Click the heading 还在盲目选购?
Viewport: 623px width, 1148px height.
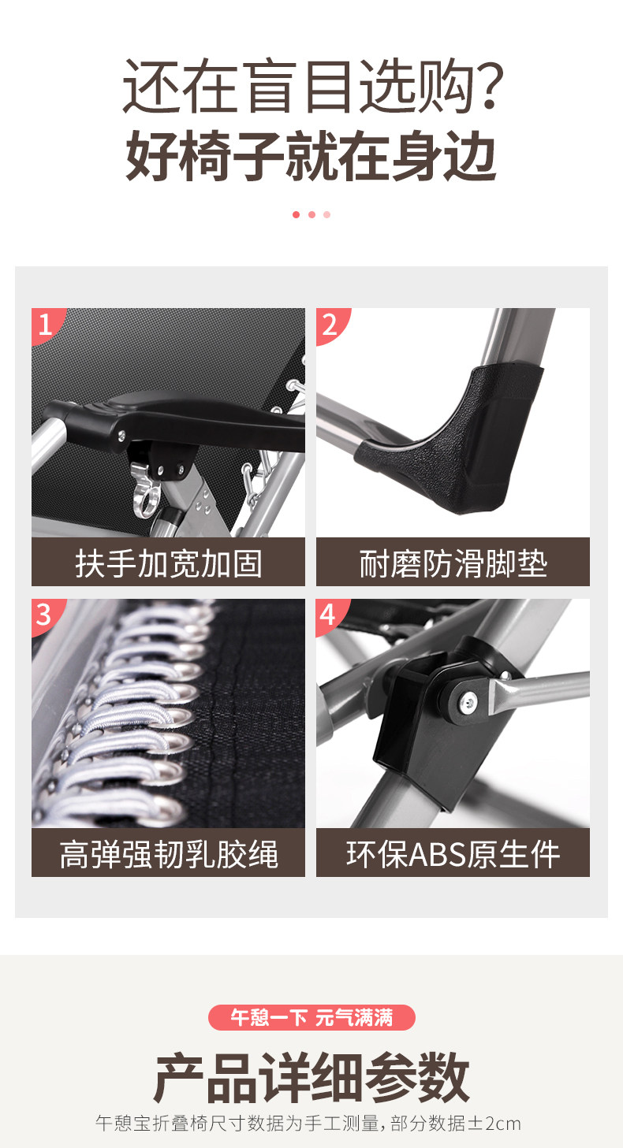point(311,86)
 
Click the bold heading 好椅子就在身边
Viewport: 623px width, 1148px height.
point(311,154)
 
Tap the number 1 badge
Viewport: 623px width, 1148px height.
point(46,324)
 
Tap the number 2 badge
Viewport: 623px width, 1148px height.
point(330,324)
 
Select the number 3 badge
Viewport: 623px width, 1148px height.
point(45,615)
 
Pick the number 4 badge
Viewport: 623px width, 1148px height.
point(329,615)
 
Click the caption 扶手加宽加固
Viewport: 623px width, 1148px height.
point(168,563)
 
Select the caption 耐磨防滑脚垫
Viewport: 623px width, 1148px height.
point(453,563)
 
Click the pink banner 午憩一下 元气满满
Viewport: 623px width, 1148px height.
point(311,1017)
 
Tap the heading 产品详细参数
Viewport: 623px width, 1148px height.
point(311,1077)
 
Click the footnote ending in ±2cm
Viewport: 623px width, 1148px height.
point(308,1124)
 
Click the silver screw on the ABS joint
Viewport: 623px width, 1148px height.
point(468,700)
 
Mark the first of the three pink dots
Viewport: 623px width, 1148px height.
point(296,215)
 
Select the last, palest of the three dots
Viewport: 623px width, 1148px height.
point(326,215)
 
